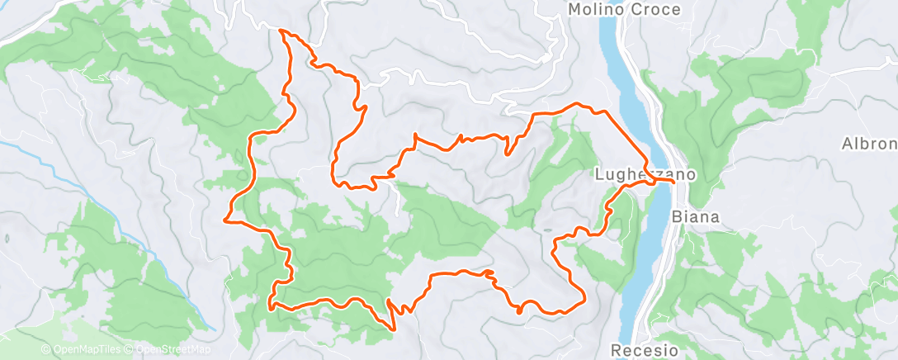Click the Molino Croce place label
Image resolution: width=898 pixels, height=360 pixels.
(625, 10)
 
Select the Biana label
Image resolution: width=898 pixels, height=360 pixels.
(696, 218)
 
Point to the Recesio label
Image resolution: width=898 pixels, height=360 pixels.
(646, 350)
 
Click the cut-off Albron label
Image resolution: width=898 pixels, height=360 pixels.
(868, 144)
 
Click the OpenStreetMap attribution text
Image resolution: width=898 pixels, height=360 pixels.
(169, 350)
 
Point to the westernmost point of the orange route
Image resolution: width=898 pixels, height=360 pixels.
(225, 220)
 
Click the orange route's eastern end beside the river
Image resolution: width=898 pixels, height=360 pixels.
(674, 182)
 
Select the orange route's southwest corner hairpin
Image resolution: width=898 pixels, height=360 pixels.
(271, 306)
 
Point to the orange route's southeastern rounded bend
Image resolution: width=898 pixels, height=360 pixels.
(583, 297)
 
